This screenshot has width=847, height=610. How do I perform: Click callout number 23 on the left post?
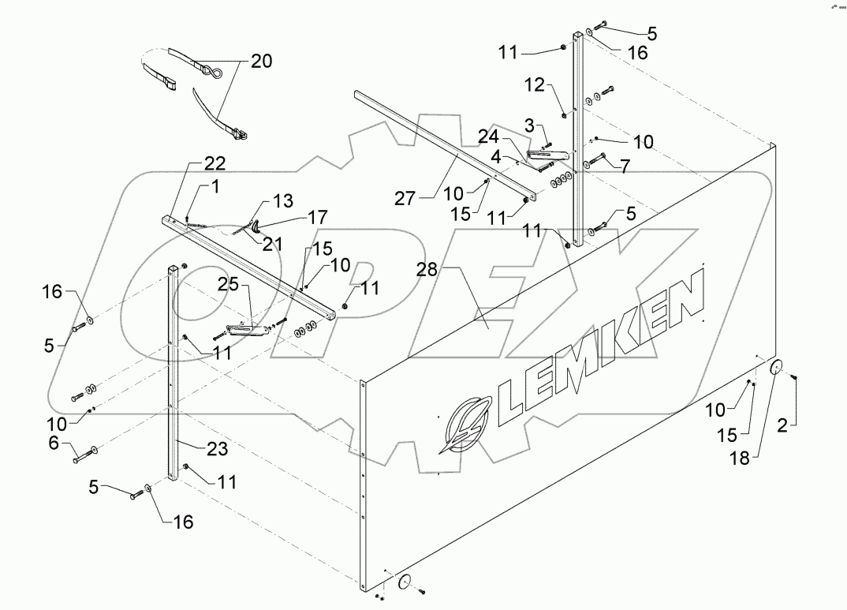point(218,448)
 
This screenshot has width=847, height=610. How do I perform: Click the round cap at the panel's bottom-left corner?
point(406,582)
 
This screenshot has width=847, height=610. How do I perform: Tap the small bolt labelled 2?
point(794,380)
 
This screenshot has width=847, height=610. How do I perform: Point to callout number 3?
point(531,125)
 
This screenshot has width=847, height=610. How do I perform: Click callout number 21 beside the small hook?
point(273,245)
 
